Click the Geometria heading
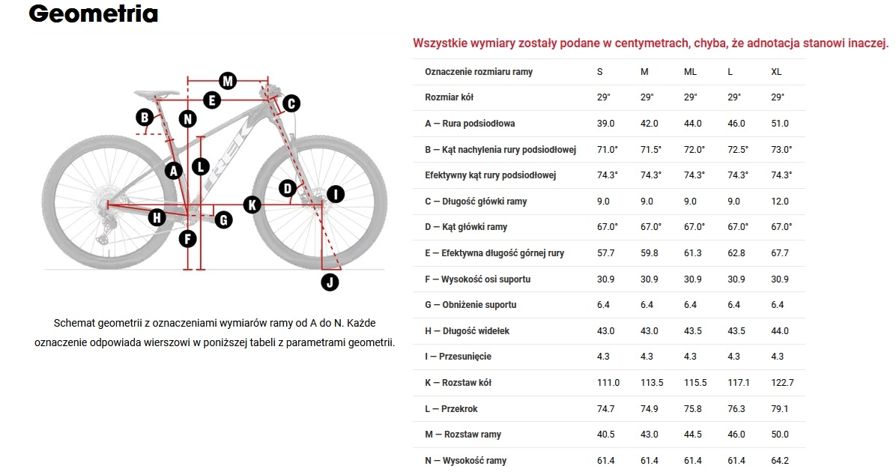(x=93, y=13)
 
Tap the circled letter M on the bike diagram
(x=228, y=81)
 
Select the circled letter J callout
(x=330, y=282)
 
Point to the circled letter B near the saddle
(x=145, y=117)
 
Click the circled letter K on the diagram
(x=252, y=205)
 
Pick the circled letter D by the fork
(x=288, y=188)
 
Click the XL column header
(x=776, y=72)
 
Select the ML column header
(x=690, y=72)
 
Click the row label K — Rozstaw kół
(x=458, y=383)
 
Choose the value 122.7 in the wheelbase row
(x=782, y=383)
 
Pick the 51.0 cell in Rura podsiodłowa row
(x=779, y=124)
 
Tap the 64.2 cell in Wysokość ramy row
(x=779, y=461)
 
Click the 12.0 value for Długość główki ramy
(x=779, y=201)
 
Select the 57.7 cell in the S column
(x=606, y=253)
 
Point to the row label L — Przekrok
(x=451, y=409)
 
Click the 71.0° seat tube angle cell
(x=608, y=150)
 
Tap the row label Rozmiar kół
(x=449, y=97)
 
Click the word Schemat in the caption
(x=74, y=324)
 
